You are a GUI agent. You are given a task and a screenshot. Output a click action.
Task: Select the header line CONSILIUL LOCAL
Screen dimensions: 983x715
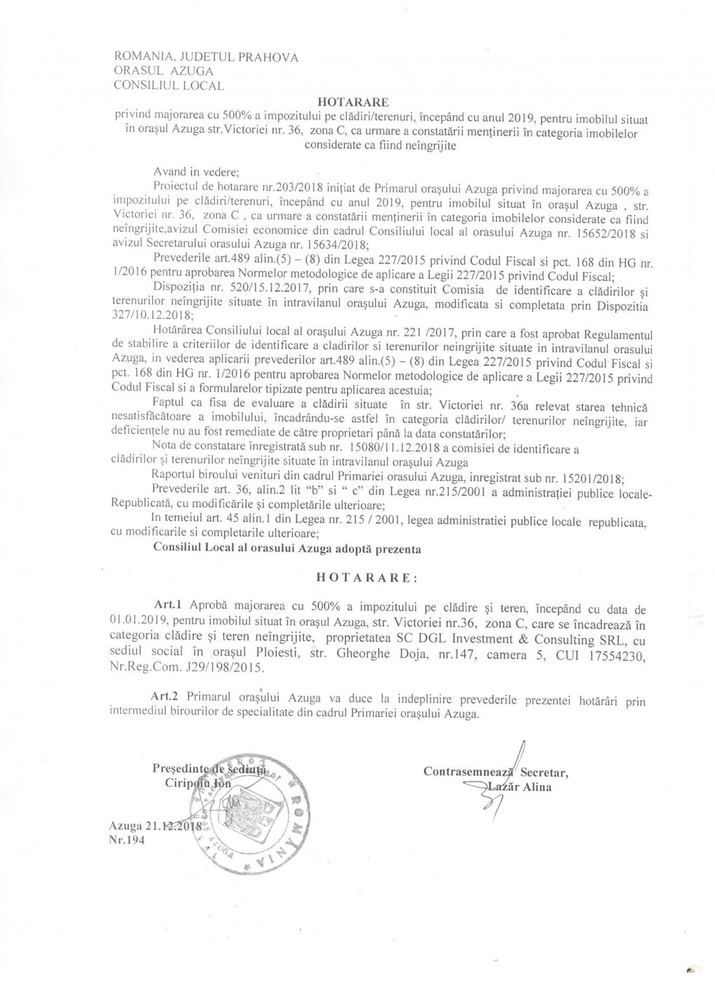point(169,86)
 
